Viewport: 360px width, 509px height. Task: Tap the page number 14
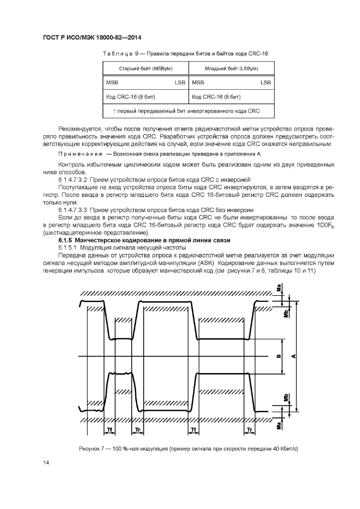tap(46, 462)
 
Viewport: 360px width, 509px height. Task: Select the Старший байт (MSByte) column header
tap(145, 69)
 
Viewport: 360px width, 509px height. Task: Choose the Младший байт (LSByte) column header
tap(231, 69)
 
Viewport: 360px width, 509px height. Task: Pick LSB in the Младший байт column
tap(266, 83)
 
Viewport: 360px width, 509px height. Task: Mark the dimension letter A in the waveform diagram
tap(294, 356)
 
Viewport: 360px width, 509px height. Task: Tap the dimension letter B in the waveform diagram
tap(278, 357)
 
